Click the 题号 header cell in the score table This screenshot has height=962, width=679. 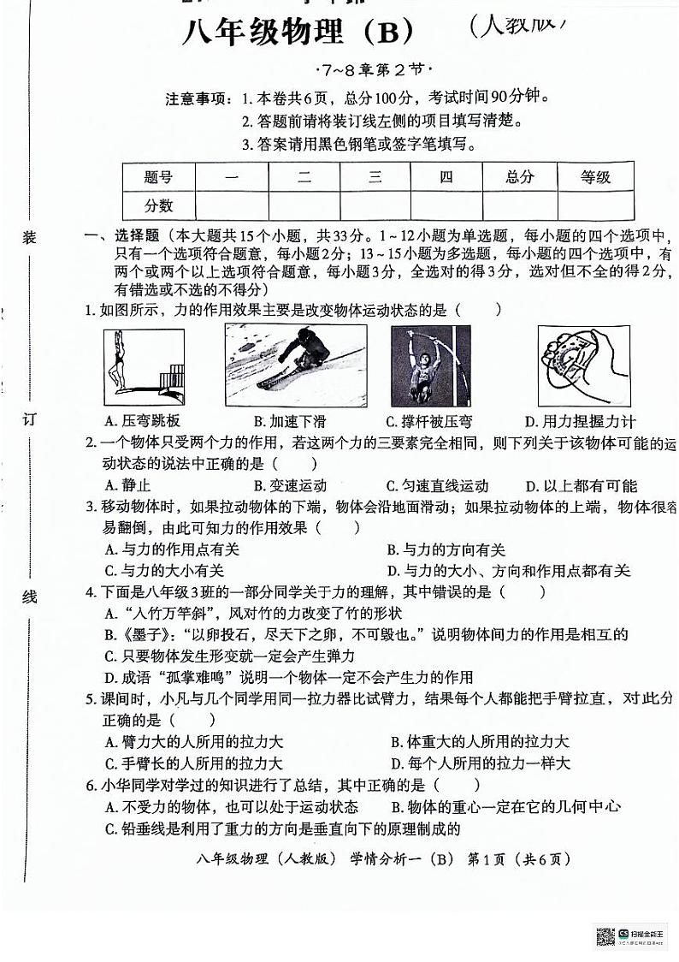[x=158, y=177]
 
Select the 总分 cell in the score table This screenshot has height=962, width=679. [x=519, y=177]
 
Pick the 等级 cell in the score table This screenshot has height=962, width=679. [x=595, y=177]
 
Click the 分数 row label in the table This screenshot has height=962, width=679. [x=158, y=205]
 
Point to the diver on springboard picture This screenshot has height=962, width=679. [x=143, y=365]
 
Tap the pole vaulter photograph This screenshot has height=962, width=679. [x=430, y=365]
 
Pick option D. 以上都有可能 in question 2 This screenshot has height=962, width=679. [x=581, y=485]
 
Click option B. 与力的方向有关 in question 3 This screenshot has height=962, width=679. [x=446, y=549]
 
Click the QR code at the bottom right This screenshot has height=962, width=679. [x=605, y=936]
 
